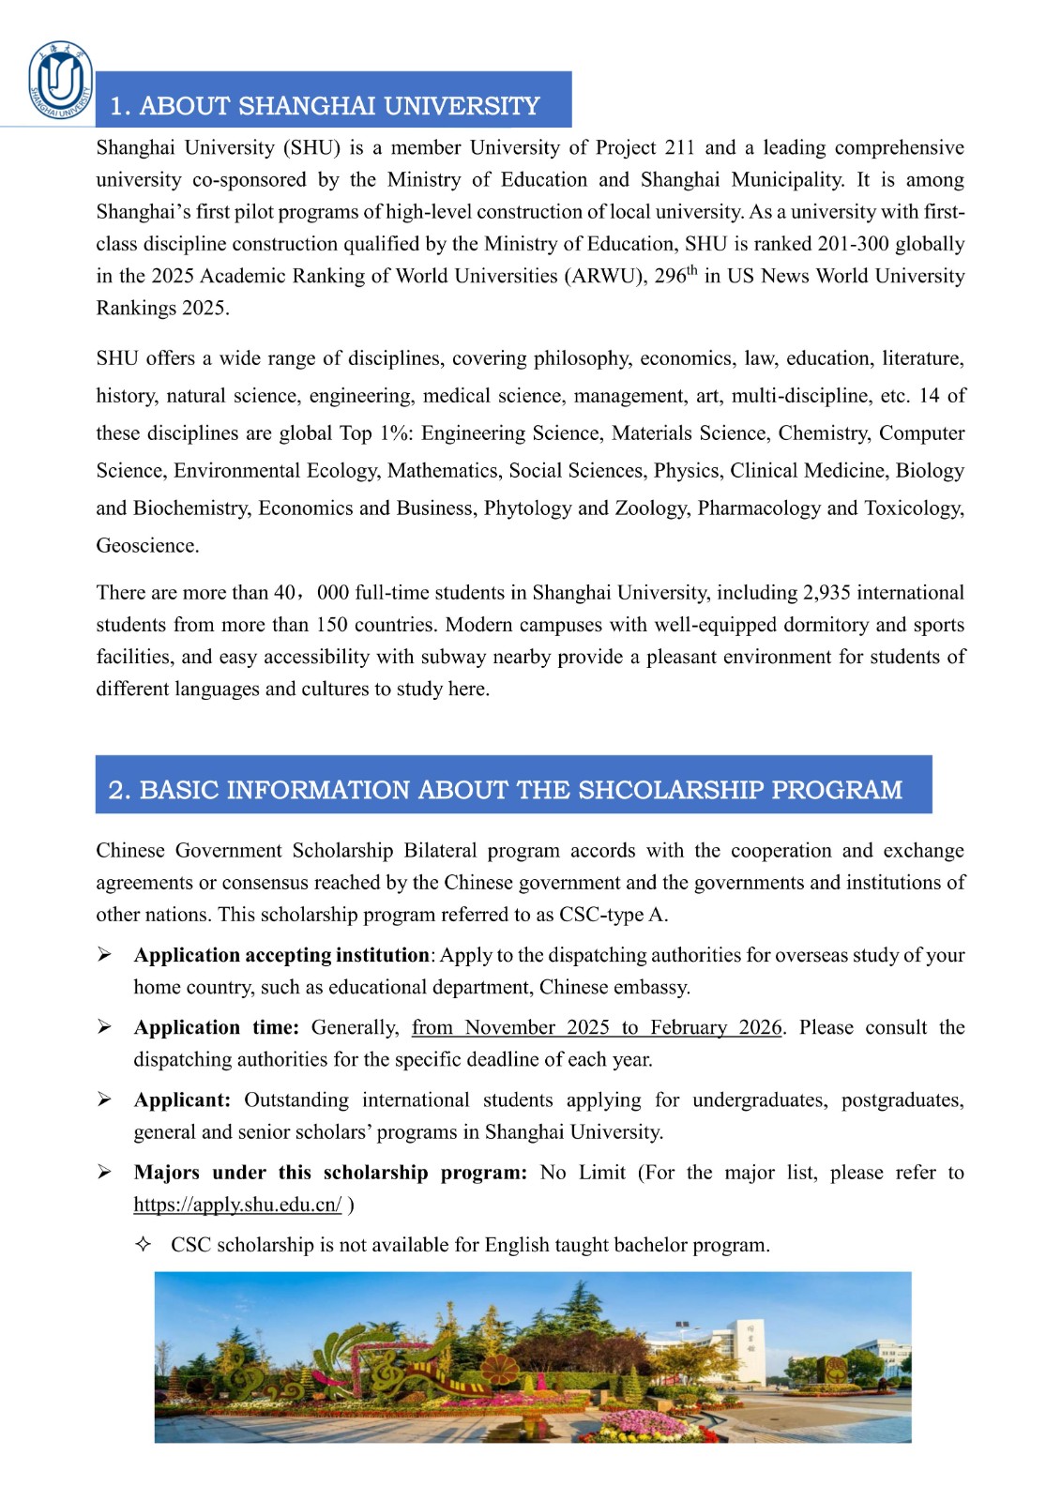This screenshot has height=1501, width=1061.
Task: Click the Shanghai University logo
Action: (x=61, y=81)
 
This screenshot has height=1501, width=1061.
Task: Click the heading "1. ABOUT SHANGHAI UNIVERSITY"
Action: (x=325, y=105)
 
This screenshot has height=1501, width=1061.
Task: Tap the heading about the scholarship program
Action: (x=505, y=789)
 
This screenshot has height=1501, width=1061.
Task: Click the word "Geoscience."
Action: (x=147, y=545)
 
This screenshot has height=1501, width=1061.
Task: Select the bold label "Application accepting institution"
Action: (x=281, y=955)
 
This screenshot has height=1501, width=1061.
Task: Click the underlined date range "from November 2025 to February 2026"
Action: (x=597, y=1027)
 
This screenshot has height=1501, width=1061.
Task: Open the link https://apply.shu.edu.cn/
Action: (x=237, y=1205)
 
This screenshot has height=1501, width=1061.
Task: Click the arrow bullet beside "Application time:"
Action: (x=104, y=1027)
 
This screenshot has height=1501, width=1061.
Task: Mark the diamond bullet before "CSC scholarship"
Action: (x=144, y=1245)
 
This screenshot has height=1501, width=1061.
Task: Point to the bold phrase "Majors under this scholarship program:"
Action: (x=330, y=1173)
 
